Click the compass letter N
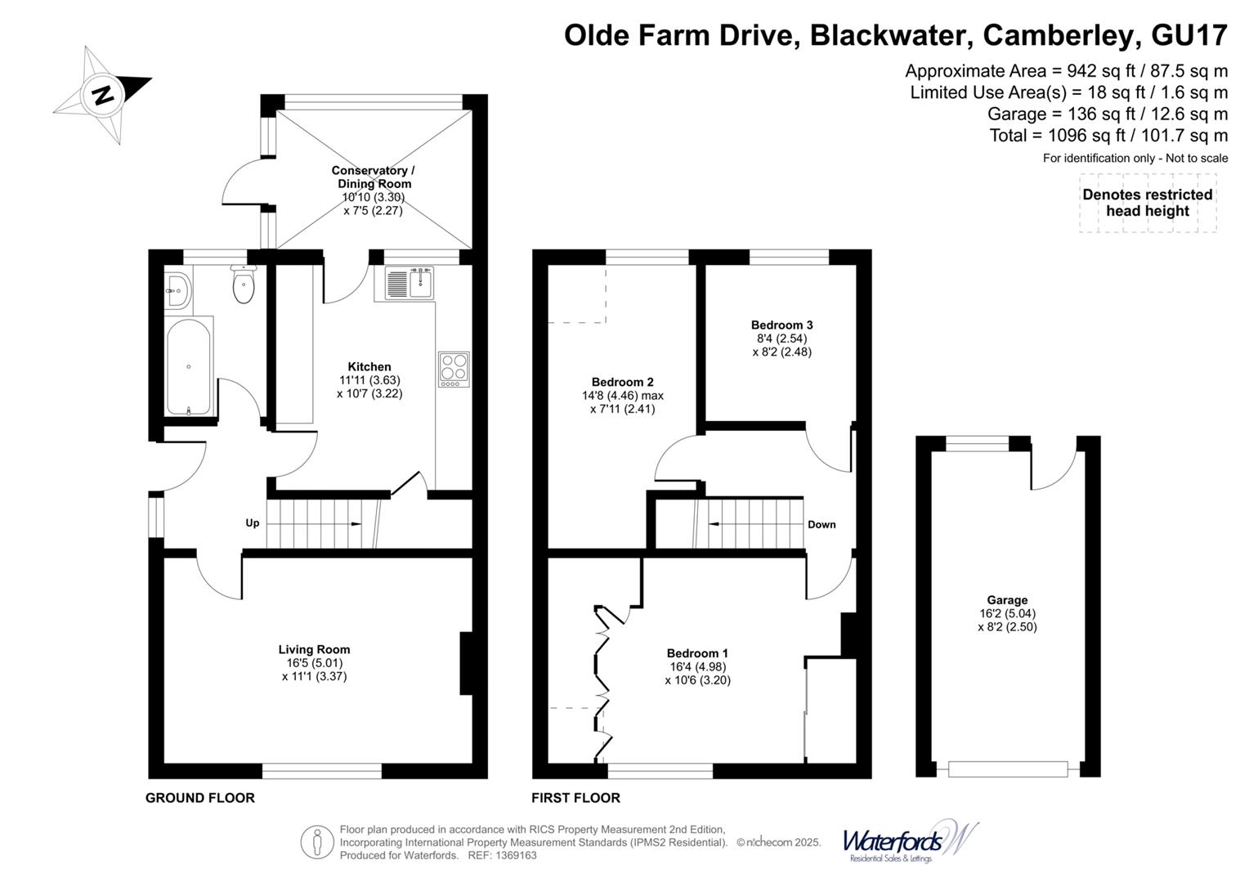tap(103, 95)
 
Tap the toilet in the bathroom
tap(244, 285)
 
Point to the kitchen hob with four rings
tap(454, 369)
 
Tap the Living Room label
tap(314, 649)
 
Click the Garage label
tap(1006, 600)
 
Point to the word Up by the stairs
tap(253, 522)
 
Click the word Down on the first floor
tap(821, 524)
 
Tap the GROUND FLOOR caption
tap(200, 798)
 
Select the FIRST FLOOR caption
tap(575, 798)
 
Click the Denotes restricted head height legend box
tap(1147, 203)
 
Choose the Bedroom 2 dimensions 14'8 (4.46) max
tap(622, 396)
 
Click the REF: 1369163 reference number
tap(502, 855)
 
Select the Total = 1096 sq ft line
tap(1108, 136)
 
